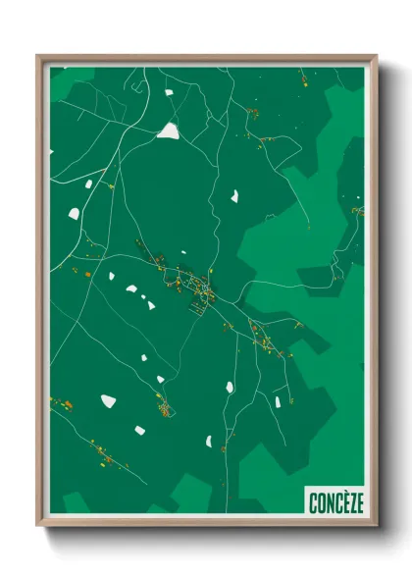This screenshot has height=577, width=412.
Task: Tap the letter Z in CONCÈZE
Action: click(x=349, y=503)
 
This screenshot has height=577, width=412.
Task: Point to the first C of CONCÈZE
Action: click(x=313, y=503)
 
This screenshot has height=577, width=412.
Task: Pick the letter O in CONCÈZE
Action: click(x=320, y=503)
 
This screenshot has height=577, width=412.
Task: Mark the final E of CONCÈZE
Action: click(x=358, y=503)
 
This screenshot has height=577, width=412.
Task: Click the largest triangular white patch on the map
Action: click(x=169, y=131)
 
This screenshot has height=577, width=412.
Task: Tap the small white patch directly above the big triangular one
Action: click(x=168, y=92)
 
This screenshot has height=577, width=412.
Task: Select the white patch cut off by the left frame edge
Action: click(x=52, y=152)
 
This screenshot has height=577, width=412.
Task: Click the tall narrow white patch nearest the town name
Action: click(x=278, y=400)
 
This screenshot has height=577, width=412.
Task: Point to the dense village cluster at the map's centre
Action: click(x=196, y=285)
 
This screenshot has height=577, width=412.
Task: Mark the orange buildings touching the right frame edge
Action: click(x=359, y=210)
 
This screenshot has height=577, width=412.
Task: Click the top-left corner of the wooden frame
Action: click(x=39, y=57)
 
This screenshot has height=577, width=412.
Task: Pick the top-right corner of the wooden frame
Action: click(x=375, y=57)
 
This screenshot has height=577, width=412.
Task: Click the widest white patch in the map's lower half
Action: click(x=108, y=400)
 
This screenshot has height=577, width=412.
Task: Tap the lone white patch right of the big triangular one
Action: click(x=234, y=195)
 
